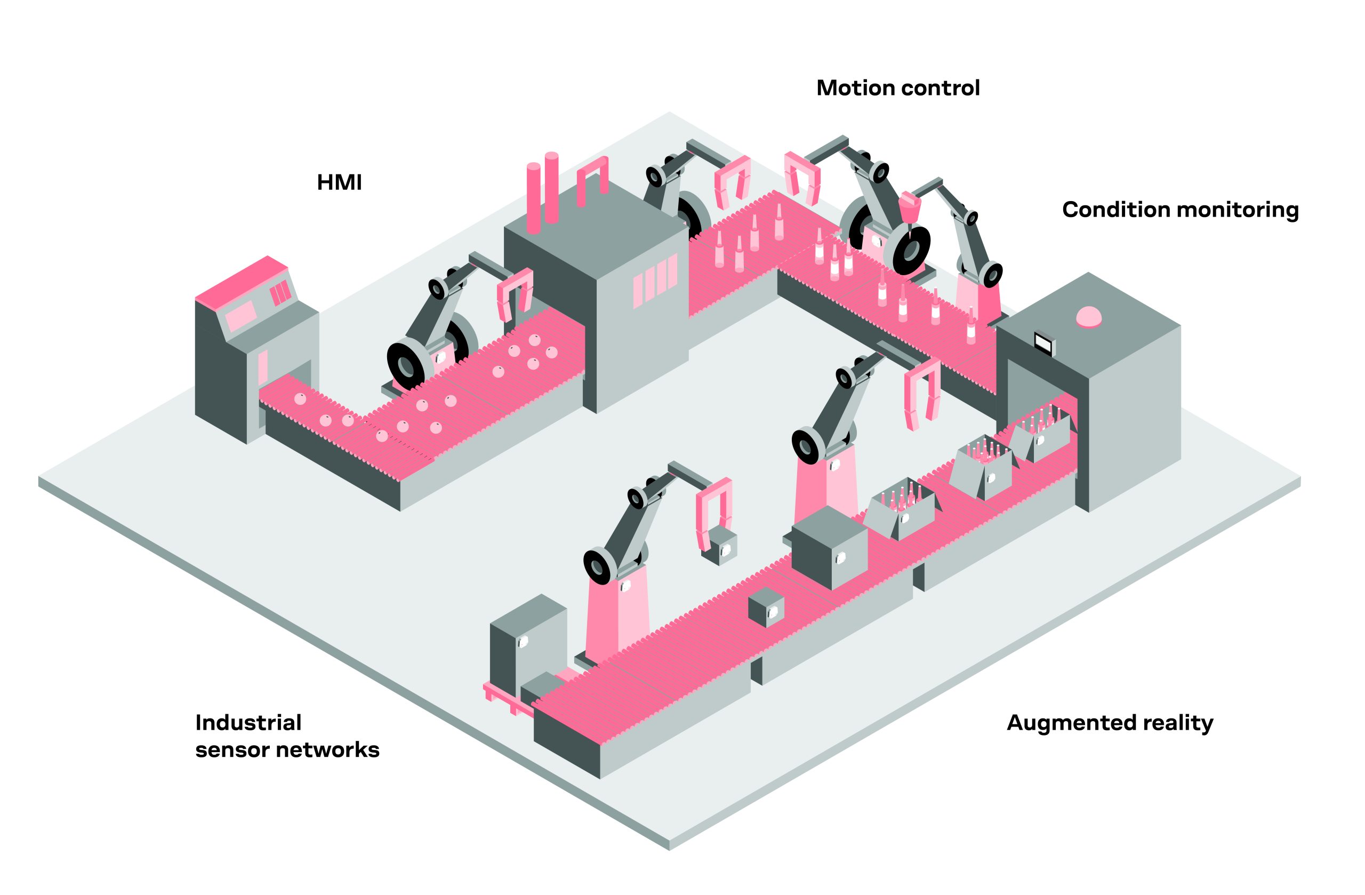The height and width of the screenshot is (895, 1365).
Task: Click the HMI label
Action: [339, 182]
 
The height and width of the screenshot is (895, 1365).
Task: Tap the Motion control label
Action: [897, 88]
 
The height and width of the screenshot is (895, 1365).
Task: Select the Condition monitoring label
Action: [1180, 210]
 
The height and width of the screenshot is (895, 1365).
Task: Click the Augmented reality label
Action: [1110, 723]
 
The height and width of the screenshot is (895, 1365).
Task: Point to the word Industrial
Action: [248, 722]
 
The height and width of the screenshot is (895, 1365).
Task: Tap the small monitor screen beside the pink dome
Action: [1044, 343]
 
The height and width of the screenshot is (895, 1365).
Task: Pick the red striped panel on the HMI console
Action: [280, 294]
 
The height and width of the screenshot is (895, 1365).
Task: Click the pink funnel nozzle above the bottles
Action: [909, 206]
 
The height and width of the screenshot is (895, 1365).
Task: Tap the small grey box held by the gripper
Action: [720, 546]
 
